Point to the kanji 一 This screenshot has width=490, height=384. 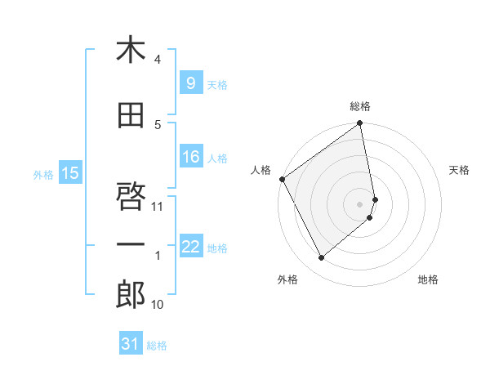click(x=130, y=246)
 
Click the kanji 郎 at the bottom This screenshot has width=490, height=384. click(x=130, y=295)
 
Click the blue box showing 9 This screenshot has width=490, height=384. click(x=190, y=83)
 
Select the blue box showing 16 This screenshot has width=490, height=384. click(x=190, y=157)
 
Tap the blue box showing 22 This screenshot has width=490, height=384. click(x=190, y=247)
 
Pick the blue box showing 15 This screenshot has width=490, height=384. click(x=70, y=172)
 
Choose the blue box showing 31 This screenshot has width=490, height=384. click(x=131, y=344)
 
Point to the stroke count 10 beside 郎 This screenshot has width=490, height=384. click(x=158, y=305)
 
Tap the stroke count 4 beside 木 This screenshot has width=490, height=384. click(x=158, y=60)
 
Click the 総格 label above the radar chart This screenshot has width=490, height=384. click(x=360, y=106)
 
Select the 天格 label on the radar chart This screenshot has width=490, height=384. click(x=460, y=170)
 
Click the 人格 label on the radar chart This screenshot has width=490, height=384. click(x=261, y=170)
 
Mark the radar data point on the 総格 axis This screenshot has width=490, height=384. click(x=360, y=124)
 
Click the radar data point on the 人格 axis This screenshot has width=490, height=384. click(x=282, y=179)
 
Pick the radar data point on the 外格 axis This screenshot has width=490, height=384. click(x=321, y=258)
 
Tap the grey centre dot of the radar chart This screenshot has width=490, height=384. click(x=360, y=204)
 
